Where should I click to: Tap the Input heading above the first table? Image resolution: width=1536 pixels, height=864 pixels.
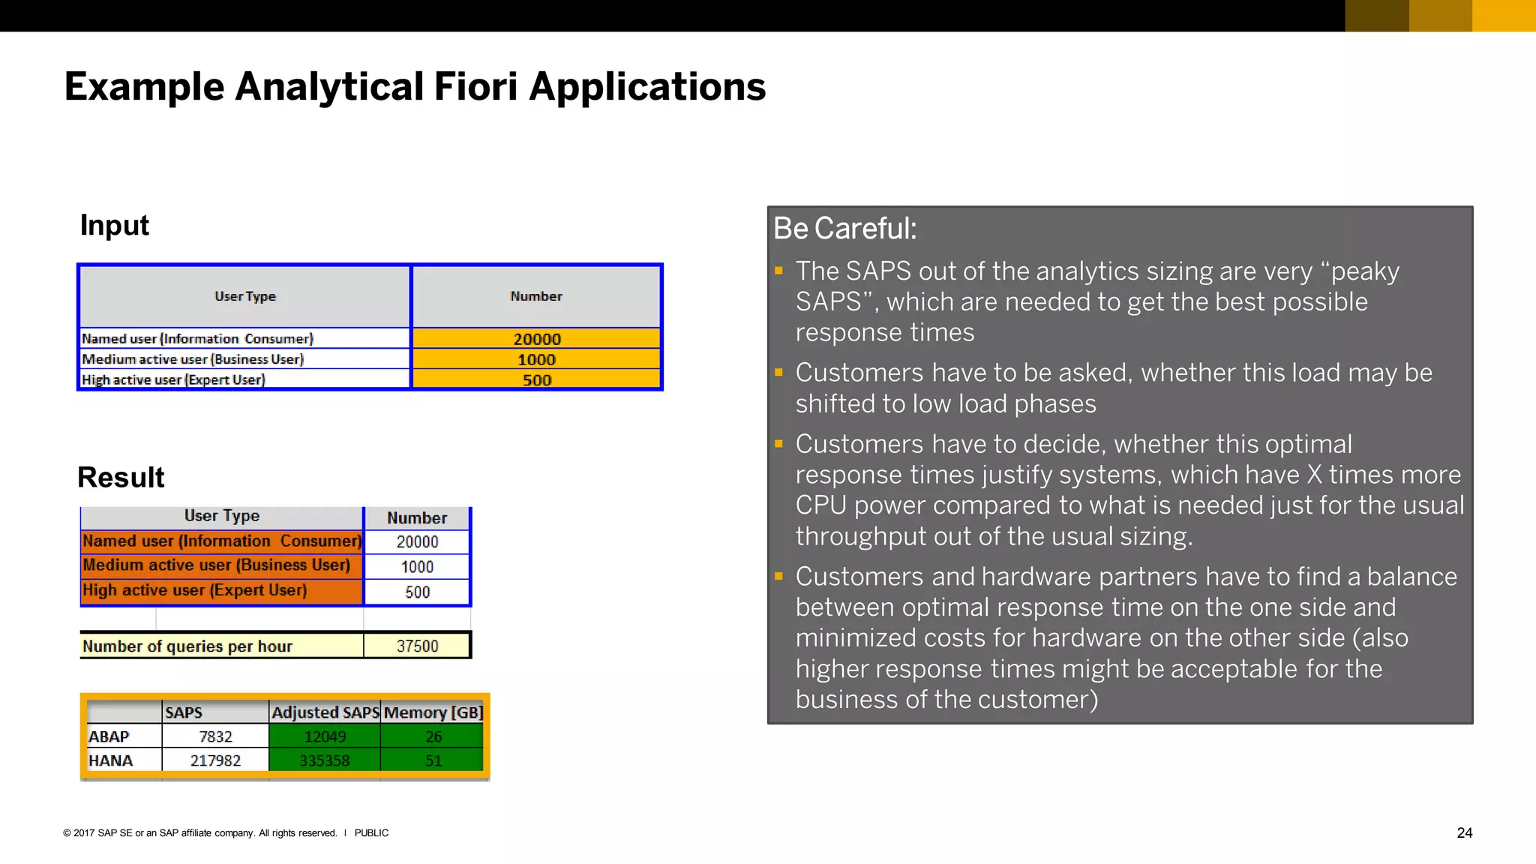(114, 225)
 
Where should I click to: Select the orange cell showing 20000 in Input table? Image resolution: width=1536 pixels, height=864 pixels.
(536, 338)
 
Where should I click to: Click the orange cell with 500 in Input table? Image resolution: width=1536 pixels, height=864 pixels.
(536, 379)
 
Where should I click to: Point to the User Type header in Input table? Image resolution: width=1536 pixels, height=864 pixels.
(244, 296)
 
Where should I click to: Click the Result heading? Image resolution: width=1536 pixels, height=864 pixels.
(121, 477)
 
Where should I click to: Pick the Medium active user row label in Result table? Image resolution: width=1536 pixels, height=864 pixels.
(216, 565)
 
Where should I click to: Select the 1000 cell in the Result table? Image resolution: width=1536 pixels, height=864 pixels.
(417, 567)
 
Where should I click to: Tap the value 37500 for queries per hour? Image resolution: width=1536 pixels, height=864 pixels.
(417, 646)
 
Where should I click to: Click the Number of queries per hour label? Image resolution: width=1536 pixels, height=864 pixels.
(187, 646)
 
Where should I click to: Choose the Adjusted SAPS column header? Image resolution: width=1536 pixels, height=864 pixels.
(325, 712)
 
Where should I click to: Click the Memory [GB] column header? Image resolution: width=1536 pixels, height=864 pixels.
(433, 712)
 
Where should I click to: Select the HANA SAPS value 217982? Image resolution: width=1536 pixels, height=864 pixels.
(215, 760)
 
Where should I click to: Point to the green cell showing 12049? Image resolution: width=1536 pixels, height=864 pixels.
(325, 736)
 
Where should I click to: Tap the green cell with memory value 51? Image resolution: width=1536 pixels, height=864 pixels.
(433, 760)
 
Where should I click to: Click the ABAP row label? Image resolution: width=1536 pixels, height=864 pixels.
(109, 736)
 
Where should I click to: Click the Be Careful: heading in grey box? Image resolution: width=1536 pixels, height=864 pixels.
(844, 229)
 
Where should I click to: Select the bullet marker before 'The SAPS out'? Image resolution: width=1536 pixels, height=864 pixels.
(778, 270)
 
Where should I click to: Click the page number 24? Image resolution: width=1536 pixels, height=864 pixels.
(1464, 832)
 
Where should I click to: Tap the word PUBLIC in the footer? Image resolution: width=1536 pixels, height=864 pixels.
(371, 832)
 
